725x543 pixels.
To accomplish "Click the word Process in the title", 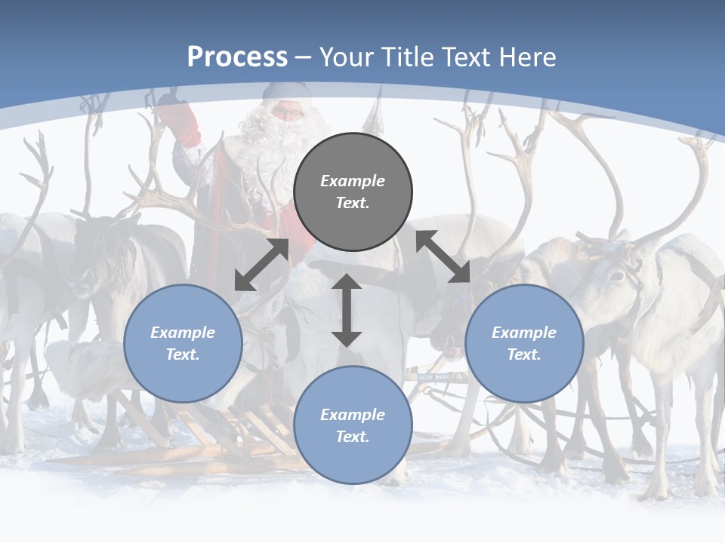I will pos(237,57).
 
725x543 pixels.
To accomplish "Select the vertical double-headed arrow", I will pos(347,310).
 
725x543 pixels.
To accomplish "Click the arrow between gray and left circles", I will pos(261,265).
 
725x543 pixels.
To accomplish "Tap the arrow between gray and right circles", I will pos(443,256).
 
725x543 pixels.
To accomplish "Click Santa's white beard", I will pos(283,143).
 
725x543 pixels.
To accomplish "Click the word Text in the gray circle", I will pos(353,203).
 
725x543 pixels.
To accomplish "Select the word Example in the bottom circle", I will pos(353,414).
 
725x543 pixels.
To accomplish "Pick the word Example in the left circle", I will pos(183,332).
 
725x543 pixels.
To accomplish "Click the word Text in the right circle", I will pos(524,354).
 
